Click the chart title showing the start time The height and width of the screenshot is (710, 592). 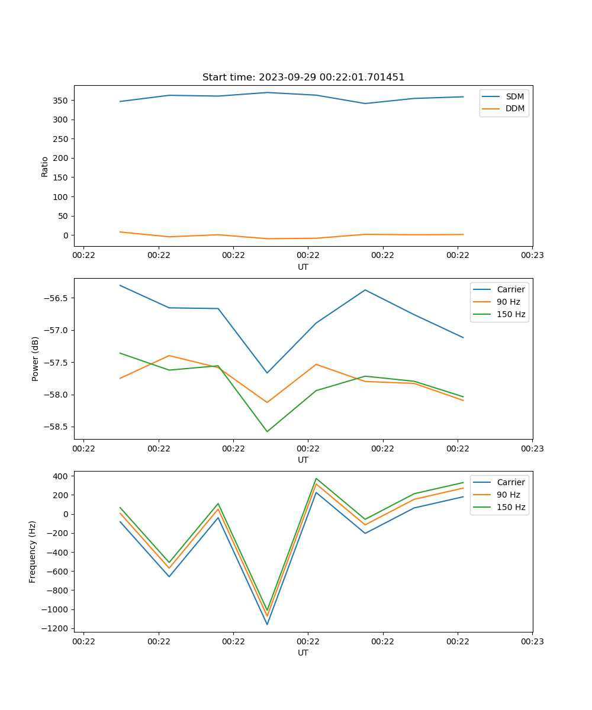coord(303,78)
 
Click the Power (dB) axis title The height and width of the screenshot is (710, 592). coord(36,359)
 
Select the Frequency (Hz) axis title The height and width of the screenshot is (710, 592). coord(33,551)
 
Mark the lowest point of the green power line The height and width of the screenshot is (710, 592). coord(267,431)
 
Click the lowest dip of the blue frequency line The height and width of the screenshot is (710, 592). coord(267,624)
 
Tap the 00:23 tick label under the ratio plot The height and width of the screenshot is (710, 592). coord(532,256)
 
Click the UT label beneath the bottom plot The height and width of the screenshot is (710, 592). coord(303,653)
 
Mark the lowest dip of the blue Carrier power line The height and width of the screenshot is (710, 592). coord(267,373)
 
